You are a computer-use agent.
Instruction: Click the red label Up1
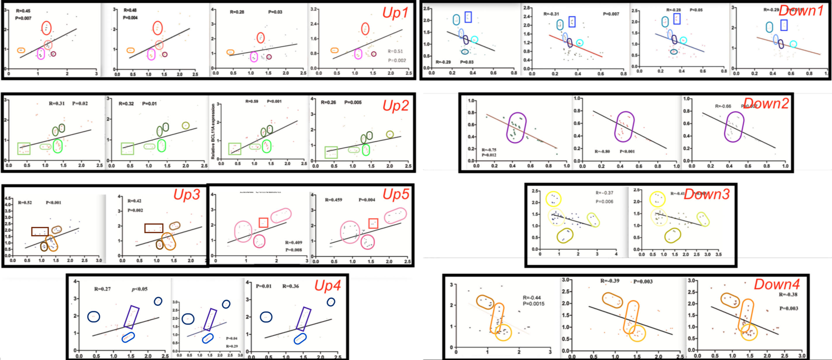point(395,13)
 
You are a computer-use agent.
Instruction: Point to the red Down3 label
point(707,194)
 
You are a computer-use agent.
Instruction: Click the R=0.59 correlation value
point(252,101)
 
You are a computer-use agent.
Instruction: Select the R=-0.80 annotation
point(602,151)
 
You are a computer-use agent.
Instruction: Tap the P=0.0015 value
point(534,304)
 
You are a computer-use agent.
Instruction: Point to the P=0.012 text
point(489,155)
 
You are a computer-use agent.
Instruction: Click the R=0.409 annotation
point(293,242)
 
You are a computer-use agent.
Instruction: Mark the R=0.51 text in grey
point(395,51)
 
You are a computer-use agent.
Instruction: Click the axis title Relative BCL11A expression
point(213,131)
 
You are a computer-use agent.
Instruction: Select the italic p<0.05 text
point(139,289)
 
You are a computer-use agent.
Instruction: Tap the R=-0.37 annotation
point(604,193)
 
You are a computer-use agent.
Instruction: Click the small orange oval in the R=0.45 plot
point(21,50)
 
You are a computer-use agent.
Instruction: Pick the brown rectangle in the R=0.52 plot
point(40,231)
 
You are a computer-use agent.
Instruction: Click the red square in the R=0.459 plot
point(373,223)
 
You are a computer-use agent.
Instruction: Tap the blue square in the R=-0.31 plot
point(572,22)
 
